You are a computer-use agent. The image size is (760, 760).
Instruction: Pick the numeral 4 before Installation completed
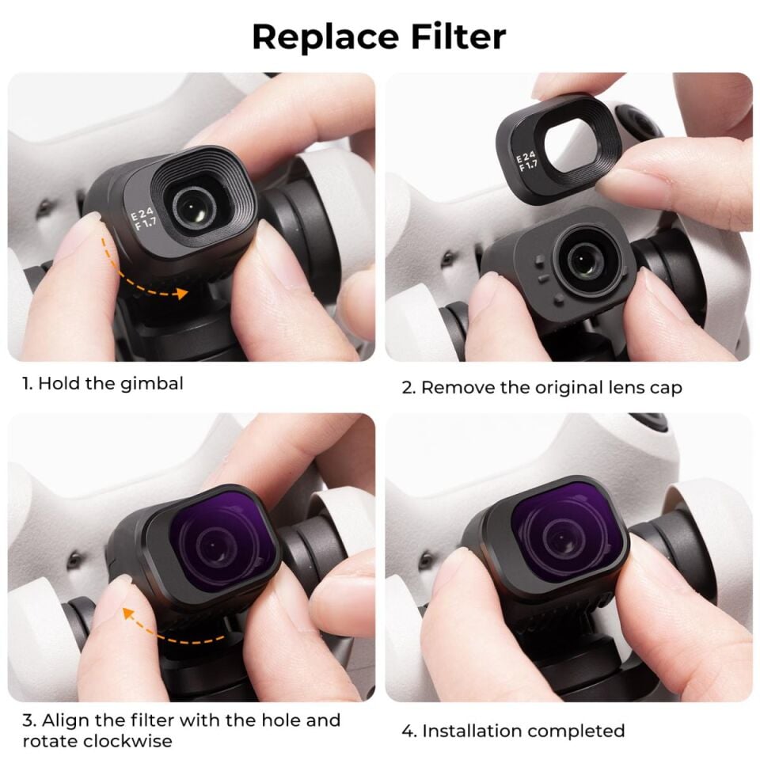click(x=407, y=731)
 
